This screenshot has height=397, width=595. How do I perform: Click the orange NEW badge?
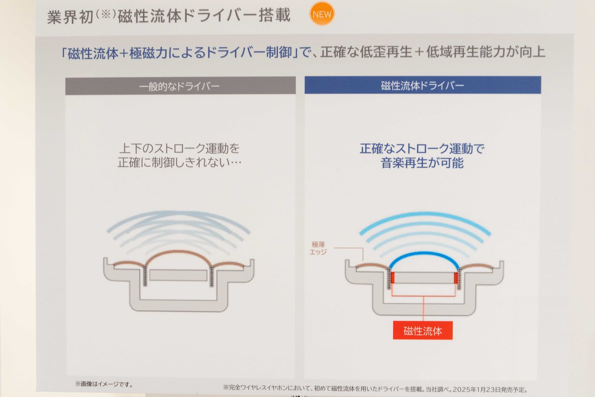[322, 14]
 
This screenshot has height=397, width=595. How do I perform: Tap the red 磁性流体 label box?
[422, 331]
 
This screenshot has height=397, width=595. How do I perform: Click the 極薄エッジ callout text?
[318, 248]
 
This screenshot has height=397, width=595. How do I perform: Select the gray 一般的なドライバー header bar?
[180, 86]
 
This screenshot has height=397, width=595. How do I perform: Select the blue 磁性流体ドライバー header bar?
[422, 85]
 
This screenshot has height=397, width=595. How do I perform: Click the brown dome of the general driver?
[178, 252]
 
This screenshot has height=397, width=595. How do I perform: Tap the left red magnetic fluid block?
[392, 277]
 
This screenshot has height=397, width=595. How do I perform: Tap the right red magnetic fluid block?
[456, 277]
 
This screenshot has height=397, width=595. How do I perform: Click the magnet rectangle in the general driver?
[178, 275]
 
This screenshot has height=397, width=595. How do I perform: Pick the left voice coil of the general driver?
[145, 276]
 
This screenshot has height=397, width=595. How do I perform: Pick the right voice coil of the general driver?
[211, 276]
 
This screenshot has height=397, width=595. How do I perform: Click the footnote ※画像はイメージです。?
[104, 384]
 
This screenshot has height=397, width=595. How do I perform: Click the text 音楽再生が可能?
[422, 163]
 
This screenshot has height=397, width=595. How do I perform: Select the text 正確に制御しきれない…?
[179, 162]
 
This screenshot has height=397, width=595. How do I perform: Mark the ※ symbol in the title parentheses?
[106, 14]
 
